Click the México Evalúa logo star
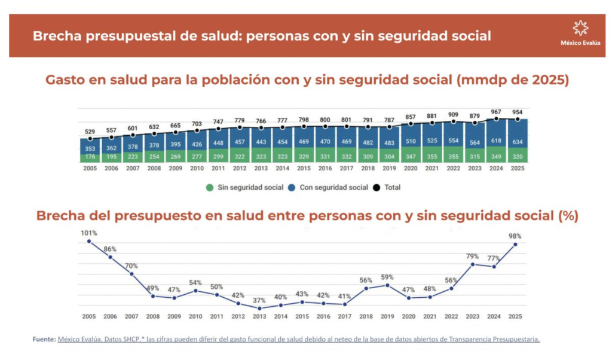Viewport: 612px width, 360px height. [580, 29]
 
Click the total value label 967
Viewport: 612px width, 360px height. [496, 112]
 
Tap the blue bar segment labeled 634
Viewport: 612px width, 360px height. [518, 133]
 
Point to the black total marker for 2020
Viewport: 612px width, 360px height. [411, 124]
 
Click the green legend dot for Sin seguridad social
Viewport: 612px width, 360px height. [210, 188]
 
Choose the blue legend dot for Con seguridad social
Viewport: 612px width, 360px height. [292, 188]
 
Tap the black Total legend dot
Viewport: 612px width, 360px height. [377, 188]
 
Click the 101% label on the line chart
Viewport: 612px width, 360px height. [89, 233]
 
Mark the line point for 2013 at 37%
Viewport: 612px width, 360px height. [259, 309]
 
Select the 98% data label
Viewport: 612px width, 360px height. [515, 236]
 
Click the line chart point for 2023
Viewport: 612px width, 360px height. [473, 264]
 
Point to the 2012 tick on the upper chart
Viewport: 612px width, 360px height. [240, 168]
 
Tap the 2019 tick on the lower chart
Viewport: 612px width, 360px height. [387, 316]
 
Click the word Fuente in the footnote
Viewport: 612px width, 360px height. [44, 339]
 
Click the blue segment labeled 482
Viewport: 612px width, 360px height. [368, 138]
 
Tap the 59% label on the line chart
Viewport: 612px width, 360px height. [387, 277]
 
